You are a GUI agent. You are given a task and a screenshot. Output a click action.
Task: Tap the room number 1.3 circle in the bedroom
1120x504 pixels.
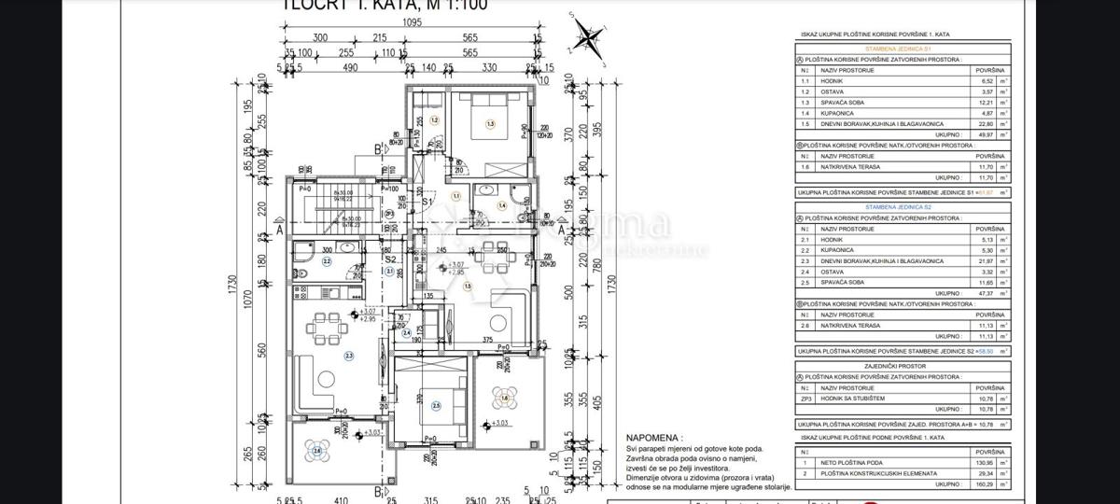point(489,123)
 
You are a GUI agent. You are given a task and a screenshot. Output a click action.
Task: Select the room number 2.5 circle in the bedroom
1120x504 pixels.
point(436,406)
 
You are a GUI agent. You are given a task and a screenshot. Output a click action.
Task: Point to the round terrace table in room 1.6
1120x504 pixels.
point(504,399)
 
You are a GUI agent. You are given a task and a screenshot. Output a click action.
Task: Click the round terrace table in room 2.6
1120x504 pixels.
point(317,452)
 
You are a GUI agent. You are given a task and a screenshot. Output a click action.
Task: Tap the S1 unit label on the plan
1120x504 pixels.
point(427,201)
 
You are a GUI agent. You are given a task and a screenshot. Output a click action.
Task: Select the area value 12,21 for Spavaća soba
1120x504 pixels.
point(985,103)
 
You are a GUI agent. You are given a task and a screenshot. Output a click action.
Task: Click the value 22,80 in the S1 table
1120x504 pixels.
point(985,123)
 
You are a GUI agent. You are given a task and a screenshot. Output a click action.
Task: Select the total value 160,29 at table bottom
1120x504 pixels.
point(985,484)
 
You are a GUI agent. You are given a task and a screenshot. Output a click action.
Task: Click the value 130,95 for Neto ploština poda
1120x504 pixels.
point(985,463)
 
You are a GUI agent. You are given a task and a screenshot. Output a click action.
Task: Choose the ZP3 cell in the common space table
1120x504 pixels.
point(805,399)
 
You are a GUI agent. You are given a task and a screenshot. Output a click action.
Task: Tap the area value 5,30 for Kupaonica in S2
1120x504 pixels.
point(986,250)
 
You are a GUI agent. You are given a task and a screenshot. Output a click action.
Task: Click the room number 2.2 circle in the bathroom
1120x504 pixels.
point(327,261)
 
